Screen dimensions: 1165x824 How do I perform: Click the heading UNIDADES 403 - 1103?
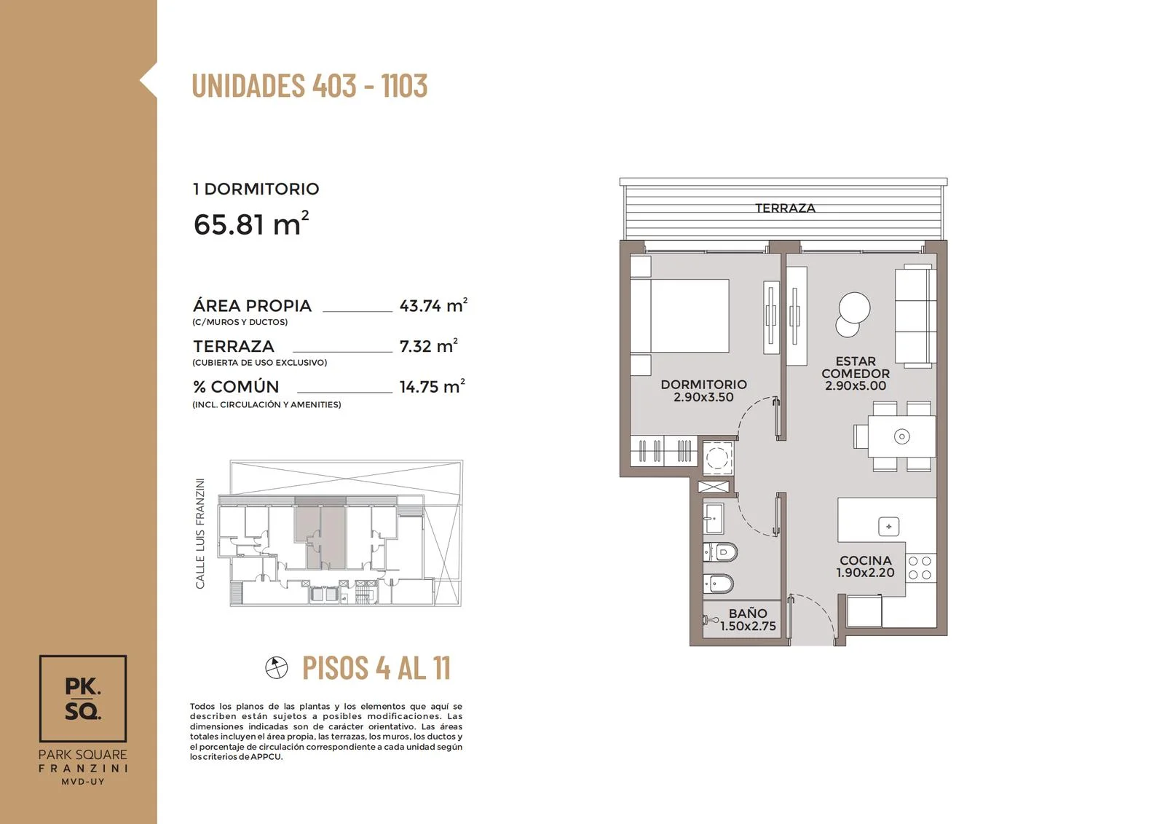coord(309,85)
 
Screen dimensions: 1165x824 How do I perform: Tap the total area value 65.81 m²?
coord(251,224)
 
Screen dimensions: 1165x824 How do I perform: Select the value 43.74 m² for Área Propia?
coord(433,305)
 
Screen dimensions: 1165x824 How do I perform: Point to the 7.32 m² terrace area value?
coord(429,345)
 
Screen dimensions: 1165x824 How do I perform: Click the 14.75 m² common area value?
coord(432,386)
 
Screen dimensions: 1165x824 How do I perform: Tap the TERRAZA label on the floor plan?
coord(785,208)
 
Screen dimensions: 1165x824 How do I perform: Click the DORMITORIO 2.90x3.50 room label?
coord(703,391)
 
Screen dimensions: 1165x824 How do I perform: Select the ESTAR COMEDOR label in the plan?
coord(856,373)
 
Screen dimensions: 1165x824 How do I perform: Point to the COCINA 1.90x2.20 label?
coord(866,567)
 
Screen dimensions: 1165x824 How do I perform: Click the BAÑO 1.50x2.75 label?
coord(748,620)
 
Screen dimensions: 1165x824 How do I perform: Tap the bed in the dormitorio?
coord(679,316)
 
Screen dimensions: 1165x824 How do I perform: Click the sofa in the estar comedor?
coord(915,316)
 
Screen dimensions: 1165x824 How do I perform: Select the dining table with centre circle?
coord(901,436)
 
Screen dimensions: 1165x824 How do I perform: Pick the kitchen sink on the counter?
coord(888,527)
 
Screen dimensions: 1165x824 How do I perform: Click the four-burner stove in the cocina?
coord(920,568)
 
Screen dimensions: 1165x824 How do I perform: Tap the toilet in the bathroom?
coord(721,552)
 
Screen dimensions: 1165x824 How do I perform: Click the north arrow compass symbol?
coord(276,667)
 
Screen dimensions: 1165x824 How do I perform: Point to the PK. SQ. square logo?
coord(83,699)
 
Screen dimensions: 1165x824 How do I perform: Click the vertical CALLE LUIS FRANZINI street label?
coord(200,533)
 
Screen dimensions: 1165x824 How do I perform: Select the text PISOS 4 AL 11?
coord(376,667)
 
